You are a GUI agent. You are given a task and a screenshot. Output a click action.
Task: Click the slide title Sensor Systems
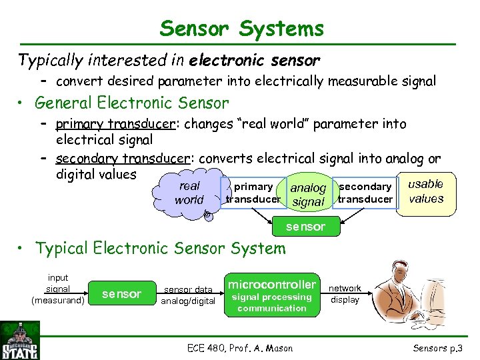241,29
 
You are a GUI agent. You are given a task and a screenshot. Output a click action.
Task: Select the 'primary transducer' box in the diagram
253,193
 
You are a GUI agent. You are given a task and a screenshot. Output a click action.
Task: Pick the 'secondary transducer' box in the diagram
365,193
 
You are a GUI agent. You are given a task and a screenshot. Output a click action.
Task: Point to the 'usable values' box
426,192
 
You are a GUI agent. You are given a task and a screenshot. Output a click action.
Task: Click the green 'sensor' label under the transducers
305,227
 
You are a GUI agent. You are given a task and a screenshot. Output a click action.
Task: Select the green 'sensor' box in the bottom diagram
122,294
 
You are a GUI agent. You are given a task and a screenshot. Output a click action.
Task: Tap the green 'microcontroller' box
271,295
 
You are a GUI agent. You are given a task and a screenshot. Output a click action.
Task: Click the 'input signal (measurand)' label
58,289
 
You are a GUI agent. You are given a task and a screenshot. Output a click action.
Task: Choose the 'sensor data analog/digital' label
189,295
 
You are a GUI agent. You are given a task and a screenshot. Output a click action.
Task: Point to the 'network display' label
345,294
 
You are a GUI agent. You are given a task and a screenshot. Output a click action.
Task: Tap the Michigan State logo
21,340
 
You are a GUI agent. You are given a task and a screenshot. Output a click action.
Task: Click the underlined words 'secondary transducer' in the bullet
123,159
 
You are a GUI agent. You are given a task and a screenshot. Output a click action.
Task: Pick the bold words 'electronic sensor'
255,61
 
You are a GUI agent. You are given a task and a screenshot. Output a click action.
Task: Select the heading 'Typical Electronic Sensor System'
160,249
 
